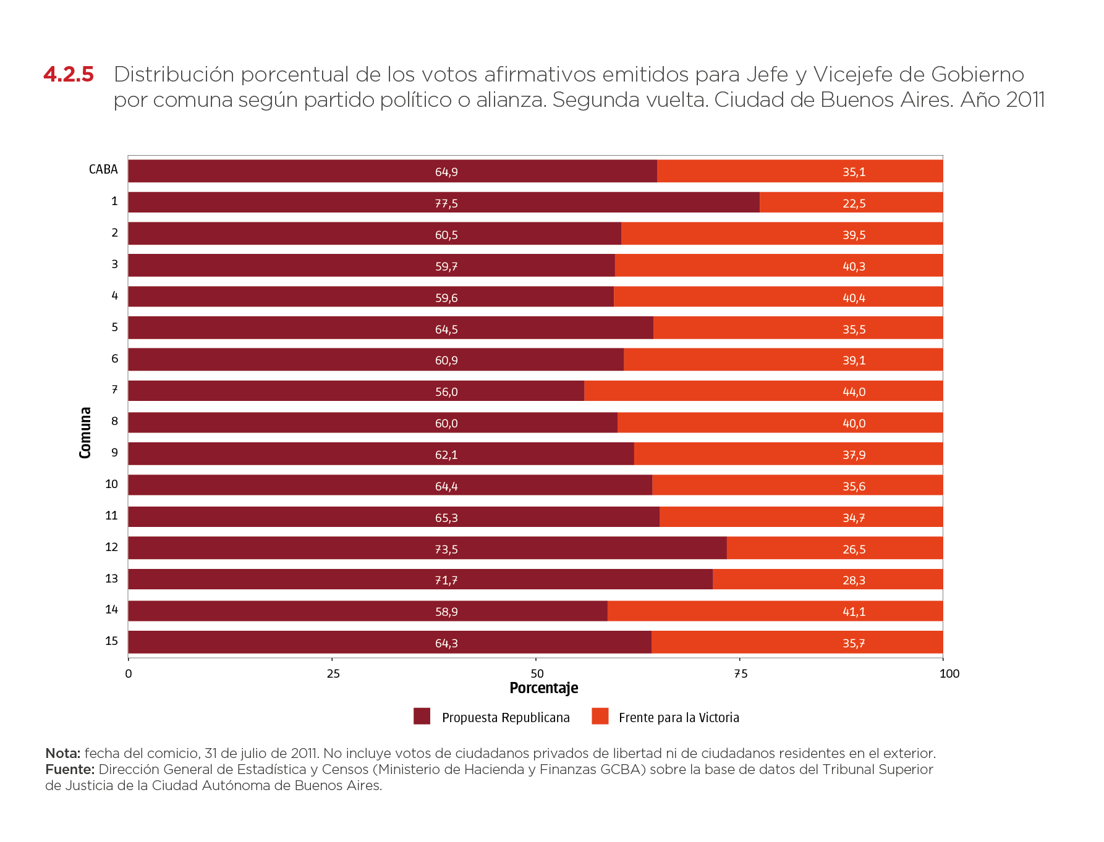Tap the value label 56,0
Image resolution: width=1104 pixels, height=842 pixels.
coord(446,392)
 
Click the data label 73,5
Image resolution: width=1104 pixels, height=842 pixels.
coord(446,549)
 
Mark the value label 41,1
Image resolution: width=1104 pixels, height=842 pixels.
coord(854,612)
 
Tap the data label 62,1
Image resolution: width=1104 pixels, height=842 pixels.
coord(446,455)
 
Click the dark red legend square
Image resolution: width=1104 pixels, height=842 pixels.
coord(422,716)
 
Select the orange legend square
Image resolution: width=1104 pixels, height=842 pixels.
coord(600,716)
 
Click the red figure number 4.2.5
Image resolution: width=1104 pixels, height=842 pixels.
coord(69,74)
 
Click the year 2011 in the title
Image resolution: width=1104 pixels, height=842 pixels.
coord(1025,99)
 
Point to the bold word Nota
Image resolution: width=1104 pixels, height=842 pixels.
coord(62,753)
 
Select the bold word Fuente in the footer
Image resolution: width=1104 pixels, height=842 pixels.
coord(69,769)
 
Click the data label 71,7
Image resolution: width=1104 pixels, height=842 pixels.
coord(446,580)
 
